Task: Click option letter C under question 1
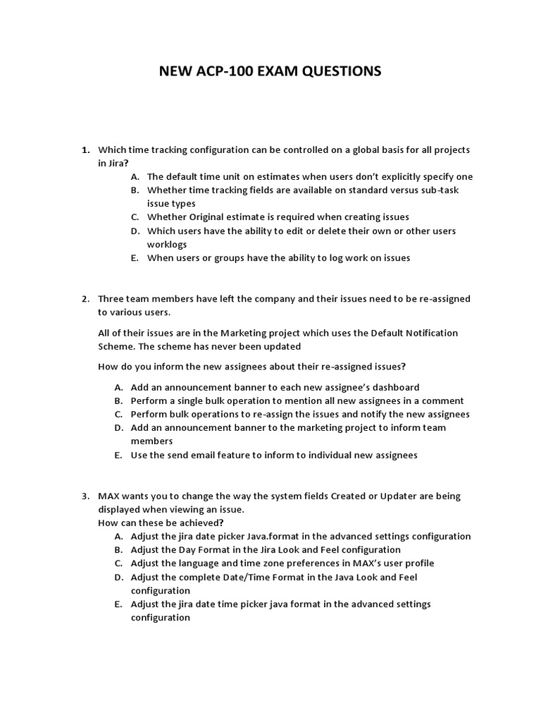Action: (x=134, y=217)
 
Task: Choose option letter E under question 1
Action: (x=134, y=258)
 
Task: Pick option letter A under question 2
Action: (x=118, y=387)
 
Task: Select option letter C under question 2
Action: (x=118, y=415)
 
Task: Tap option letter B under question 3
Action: (x=118, y=550)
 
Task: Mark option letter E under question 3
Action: (x=118, y=604)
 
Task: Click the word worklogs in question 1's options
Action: (x=167, y=244)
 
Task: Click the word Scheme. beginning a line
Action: (x=115, y=346)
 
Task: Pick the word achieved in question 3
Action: (x=199, y=523)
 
